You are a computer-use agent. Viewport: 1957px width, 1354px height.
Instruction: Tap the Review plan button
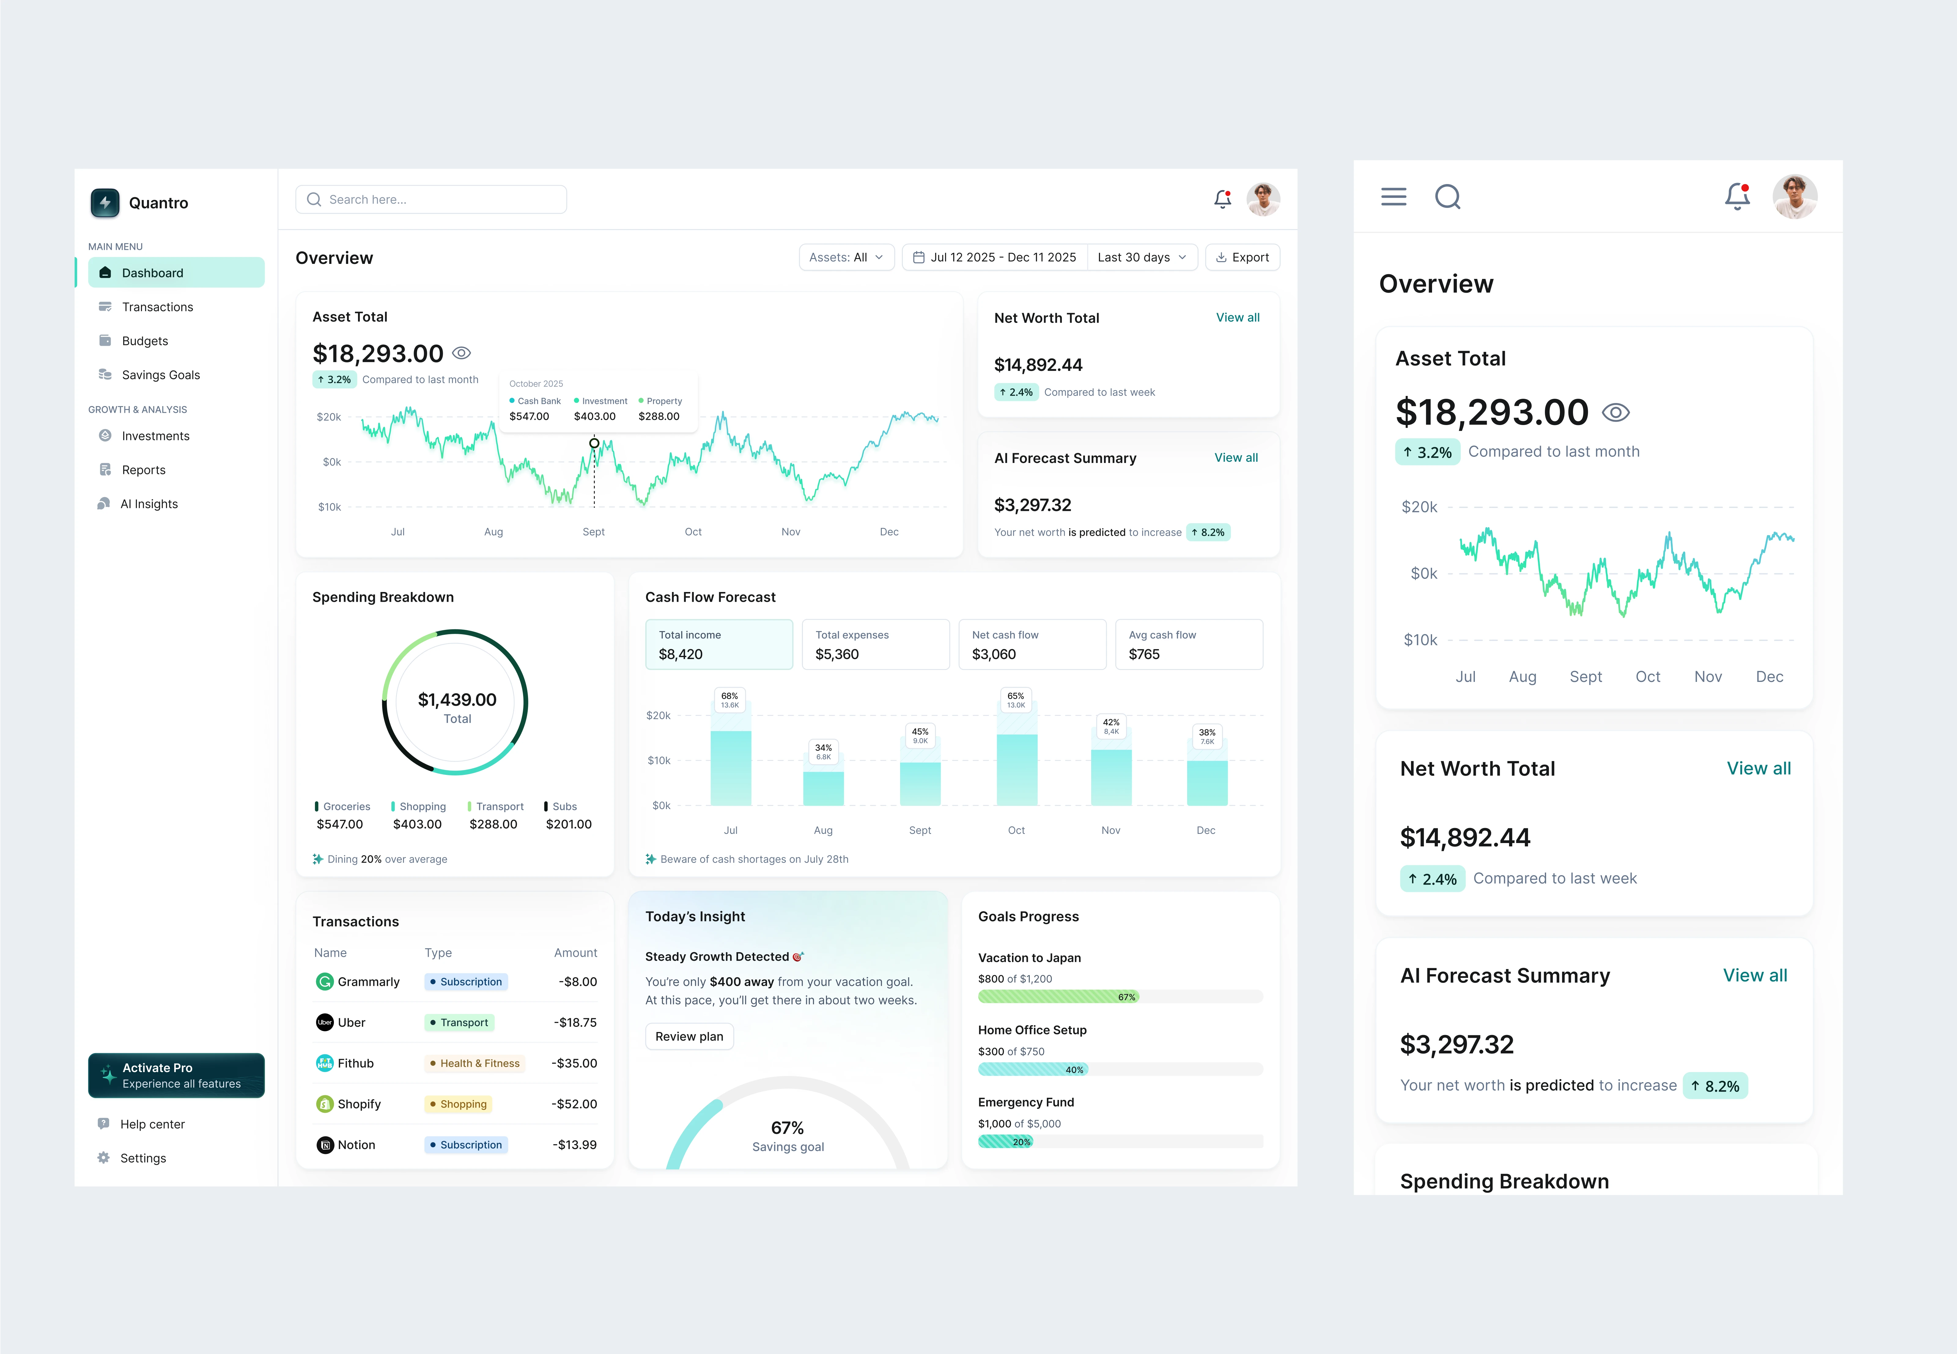click(689, 1037)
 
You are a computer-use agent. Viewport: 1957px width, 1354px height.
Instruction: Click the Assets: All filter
click(846, 257)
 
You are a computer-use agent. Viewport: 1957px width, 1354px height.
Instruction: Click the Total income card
click(718, 645)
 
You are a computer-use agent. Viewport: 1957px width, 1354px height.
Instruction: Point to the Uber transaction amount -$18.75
click(575, 1022)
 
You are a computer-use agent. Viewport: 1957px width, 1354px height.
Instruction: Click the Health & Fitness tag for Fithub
click(475, 1063)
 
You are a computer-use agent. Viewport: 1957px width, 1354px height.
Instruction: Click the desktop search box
click(431, 199)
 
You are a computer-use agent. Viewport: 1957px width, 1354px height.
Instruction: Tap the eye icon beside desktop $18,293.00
click(461, 353)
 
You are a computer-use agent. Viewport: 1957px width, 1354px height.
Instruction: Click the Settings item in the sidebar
click(142, 1158)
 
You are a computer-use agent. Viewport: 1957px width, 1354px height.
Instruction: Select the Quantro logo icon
click(105, 203)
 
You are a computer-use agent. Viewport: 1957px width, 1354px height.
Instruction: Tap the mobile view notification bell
click(1737, 197)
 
